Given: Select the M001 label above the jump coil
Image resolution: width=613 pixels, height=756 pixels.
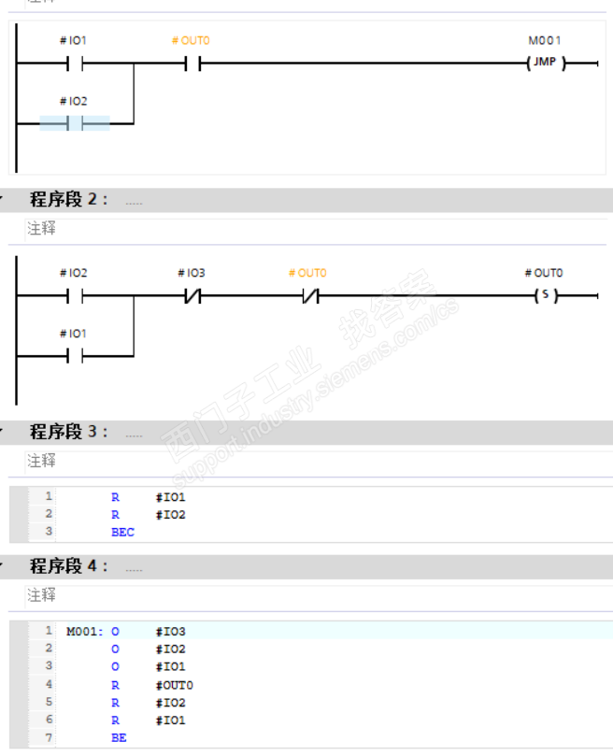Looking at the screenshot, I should pyautogui.click(x=545, y=41).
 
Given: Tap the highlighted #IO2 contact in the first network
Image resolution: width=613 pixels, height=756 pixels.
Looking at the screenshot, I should pyautogui.click(x=75, y=123).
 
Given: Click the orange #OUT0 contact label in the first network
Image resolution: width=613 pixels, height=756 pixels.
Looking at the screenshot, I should pyautogui.click(x=192, y=41).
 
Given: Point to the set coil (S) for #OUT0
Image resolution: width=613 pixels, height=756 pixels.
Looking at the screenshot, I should pyautogui.click(x=546, y=296).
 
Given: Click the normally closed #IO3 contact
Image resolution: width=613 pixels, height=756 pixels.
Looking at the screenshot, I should pyautogui.click(x=193, y=296).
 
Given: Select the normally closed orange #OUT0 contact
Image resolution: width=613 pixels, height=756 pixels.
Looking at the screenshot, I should pyautogui.click(x=308, y=296).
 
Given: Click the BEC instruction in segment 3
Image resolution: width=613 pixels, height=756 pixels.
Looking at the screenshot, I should pyautogui.click(x=122, y=532).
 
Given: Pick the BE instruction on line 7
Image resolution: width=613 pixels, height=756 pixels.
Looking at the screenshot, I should pyautogui.click(x=119, y=738).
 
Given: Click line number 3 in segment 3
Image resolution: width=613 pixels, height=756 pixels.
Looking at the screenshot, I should pyautogui.click(x=49, y=532).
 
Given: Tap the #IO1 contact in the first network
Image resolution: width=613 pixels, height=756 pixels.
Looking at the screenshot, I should pyautogui.click(x=75, y=64).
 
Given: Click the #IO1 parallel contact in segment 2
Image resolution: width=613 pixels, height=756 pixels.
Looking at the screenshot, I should pyautogui.click(x=75, y=356).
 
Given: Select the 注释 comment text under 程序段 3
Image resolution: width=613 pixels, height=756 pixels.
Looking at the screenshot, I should pyautogui.click(x=41, y=461).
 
